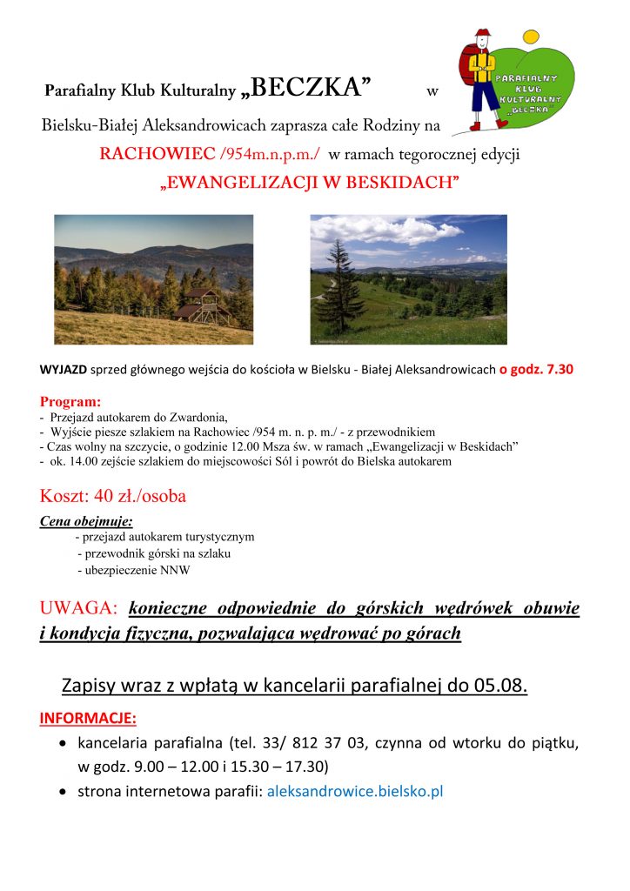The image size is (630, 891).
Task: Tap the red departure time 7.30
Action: tap(553, 369)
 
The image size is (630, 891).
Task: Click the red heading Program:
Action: tap(70, 402)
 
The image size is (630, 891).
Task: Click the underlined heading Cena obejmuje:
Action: tap(86, 521)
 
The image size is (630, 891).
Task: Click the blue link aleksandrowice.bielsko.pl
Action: tap(355, 792)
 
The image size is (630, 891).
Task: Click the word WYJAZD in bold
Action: tap(63, 369)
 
